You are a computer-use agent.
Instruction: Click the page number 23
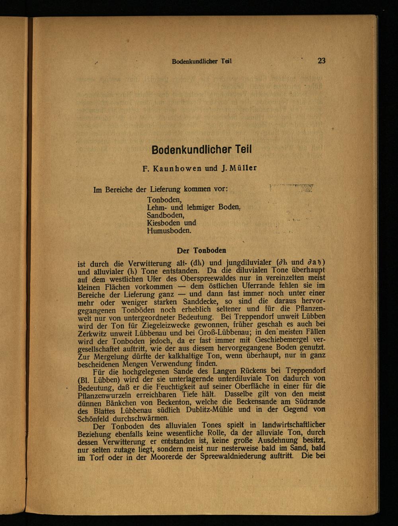tap(322, 61)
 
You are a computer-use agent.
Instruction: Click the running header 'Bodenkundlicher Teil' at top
tap(202, 61)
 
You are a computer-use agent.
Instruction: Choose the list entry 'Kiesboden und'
tap(172, 223)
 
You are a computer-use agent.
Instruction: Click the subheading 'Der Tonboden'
tap(201, 250)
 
